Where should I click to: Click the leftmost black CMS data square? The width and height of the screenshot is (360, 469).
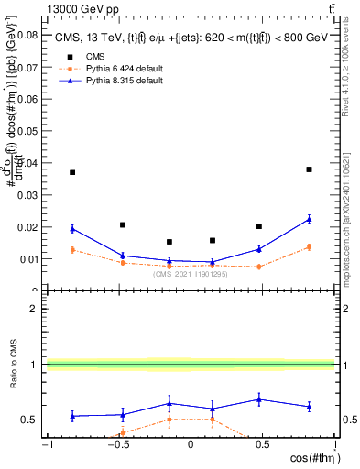point(72,172)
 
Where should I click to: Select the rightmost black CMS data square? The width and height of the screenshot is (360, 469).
point(310,169)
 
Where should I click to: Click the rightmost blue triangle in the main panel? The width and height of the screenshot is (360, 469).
point(310,219)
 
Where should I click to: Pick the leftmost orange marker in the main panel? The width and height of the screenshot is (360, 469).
point(72,249)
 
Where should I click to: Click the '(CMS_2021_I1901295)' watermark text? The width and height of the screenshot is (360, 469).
point(191,274)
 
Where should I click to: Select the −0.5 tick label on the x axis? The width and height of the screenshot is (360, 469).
point(117,444)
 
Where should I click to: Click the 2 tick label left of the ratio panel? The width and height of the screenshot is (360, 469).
point(34,309)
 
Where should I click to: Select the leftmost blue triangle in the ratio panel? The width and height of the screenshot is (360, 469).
point(72,416)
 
